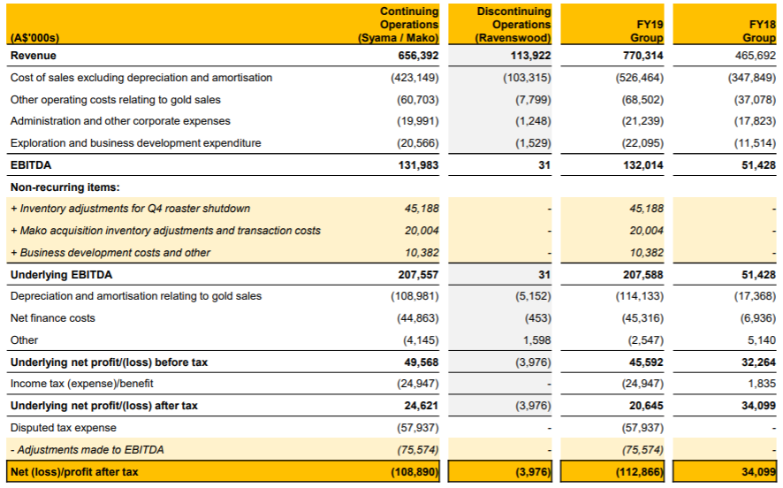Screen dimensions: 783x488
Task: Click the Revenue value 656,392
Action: (418, 56)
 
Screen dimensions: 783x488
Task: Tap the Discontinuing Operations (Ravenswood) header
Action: (513, 25)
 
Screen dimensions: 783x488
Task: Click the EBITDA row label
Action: (31, 164)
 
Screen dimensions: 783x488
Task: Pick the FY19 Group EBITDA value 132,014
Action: (643, 164)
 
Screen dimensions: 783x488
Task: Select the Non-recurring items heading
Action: (65, 187)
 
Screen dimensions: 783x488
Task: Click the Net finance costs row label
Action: (52, 318)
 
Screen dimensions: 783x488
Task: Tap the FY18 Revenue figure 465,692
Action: (756, 56)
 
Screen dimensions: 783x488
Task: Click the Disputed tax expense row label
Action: (64, 428)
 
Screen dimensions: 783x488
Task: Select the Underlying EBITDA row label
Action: (62, 275)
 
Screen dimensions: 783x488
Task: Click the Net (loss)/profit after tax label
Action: (74, 472)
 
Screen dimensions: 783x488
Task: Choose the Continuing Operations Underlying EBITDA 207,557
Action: (418, 275)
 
